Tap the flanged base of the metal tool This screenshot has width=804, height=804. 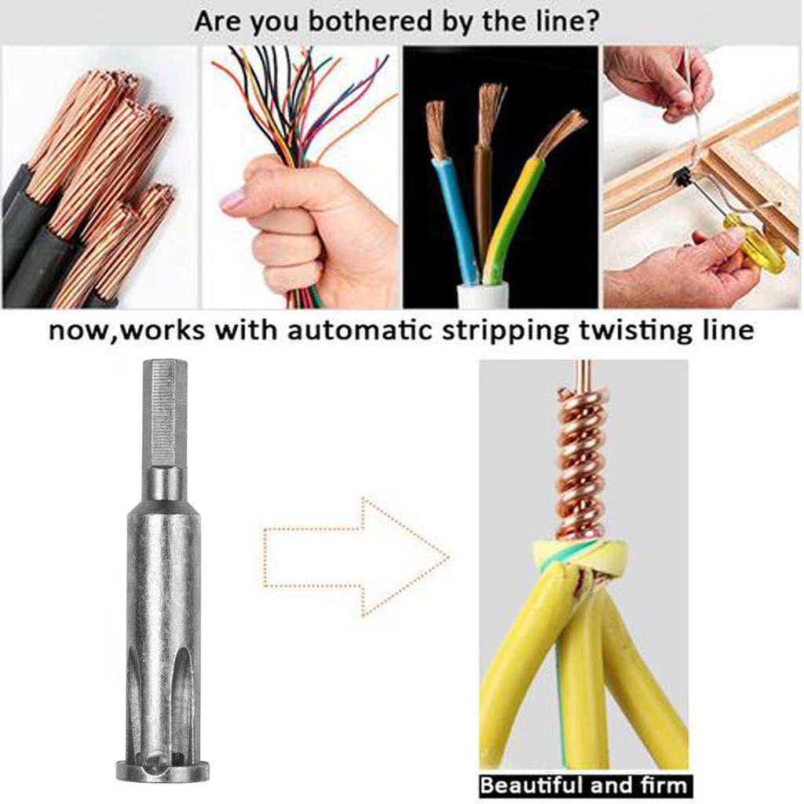163,771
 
